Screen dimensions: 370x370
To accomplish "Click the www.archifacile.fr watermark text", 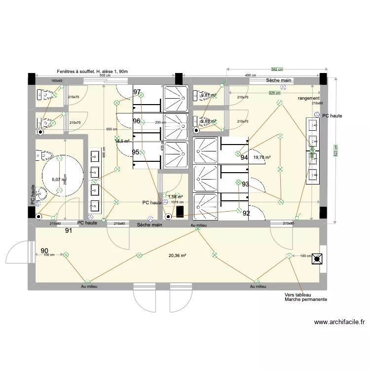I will pos(339,323).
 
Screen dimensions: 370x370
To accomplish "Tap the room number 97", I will pos(137,92).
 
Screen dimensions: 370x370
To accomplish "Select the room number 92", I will pos(246,213).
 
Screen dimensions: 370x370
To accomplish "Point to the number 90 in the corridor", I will pos(44,251).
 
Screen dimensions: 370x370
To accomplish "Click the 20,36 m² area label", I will pos(177,256).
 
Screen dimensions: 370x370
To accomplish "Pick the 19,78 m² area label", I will pos(261,157).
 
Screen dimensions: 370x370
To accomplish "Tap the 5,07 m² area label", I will pos(59,180).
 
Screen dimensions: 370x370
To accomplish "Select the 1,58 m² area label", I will pos(175,196).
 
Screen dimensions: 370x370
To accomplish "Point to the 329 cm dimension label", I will pos(274,92).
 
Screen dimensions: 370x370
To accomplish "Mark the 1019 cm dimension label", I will pos(178,202).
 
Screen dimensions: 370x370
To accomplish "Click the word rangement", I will pos(309,99).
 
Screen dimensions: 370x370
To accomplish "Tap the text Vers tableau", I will pos(297,295).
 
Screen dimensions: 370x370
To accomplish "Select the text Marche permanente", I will pos(305,299).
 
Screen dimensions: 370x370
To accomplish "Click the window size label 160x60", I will pos(57,80).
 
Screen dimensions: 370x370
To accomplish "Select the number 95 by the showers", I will pos(136,152).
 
